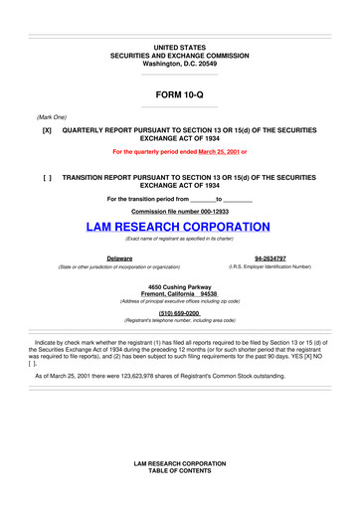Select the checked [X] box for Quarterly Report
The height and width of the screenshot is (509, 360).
point(47,130)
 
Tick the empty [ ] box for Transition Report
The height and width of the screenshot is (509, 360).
point(47,175)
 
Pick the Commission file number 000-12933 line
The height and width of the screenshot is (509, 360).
point(179,211)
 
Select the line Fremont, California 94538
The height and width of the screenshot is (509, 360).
point(179,294)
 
